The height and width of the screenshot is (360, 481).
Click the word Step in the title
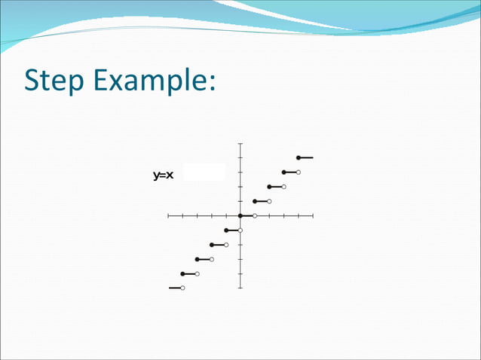point(54,81)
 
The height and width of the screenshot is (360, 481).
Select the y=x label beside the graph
point(164,175)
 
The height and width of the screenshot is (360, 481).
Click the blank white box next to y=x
point(204,172)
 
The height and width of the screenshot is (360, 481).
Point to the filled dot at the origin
point(240,216)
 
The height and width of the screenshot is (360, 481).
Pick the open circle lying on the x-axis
point(255,216)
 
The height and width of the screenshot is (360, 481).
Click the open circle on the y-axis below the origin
point(240,230)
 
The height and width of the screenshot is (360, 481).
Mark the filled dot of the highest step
point(299,158)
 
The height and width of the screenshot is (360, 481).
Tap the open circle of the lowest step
point(182,288)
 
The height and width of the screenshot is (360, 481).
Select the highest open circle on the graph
point(299,172)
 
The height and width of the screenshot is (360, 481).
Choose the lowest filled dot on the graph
point(183,273)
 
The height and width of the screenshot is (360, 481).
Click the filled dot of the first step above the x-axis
point(255,201)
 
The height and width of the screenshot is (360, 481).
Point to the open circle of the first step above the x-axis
point(269,201)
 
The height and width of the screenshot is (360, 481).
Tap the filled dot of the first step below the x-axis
point(226,230)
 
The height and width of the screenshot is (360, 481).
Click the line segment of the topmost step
point(306,158)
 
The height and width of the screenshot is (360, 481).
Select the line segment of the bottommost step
point(175,288)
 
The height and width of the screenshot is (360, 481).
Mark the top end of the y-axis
point(240,143)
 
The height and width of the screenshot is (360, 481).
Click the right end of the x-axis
point(312,216)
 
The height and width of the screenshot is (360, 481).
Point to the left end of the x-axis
point(169,216)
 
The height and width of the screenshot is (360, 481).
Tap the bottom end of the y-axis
point(240,288)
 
